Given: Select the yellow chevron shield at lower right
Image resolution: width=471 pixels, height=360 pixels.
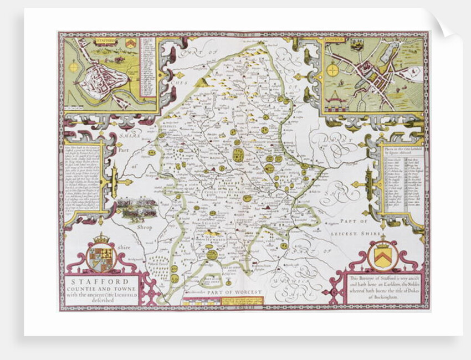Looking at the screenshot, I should (382, 255).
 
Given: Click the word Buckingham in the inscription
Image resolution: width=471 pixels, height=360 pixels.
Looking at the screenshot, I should (387, 297).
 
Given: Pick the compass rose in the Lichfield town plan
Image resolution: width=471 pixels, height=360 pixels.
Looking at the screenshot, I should (332, 70).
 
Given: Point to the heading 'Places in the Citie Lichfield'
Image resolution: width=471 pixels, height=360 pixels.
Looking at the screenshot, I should (402, 147).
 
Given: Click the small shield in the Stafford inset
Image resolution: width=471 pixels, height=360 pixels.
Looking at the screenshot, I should (130, 43).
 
